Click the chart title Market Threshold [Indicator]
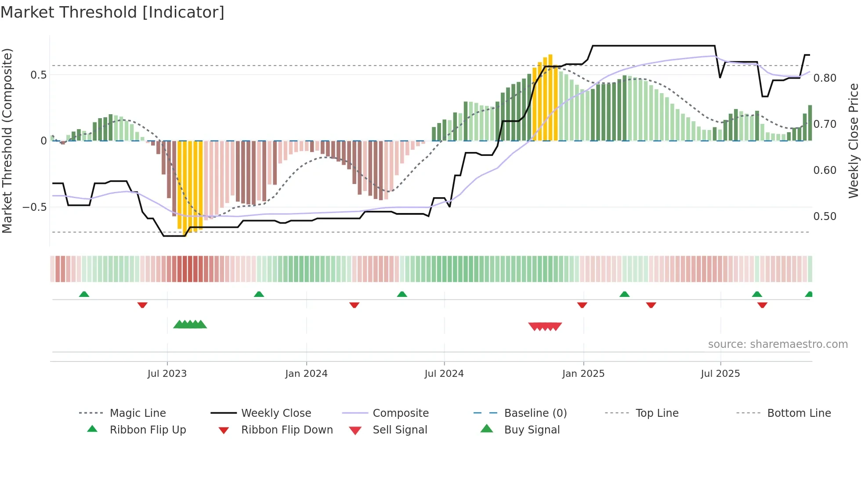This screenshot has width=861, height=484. pyautogui.click(x=112, y=12)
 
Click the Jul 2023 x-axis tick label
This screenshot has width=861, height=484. pyautogui.click(x=167, y=374)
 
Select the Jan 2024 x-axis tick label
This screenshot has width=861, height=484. pyautogui.click(x=306, y=374)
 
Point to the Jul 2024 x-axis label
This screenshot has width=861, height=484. pyautogui.click(x=444, y=374)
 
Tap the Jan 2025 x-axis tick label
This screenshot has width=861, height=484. pyautogui.click(x=583, y=374)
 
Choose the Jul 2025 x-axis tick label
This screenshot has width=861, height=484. pyautogui.click(x=720, y=374)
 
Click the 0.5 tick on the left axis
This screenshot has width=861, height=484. pyautogui.click(x=38, y=75)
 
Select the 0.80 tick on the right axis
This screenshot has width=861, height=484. pyautogui.click(x=825, y=78)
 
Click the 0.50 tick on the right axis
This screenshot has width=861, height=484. pyautogui.click(x=825, y=217)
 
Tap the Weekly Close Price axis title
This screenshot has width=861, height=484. pyautogui.click(x=853, y=141)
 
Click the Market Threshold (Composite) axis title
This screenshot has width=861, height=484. pyautogui.click(x=7, y=141)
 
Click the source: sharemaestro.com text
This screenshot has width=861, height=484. pyautogui.click(x=778, y=344)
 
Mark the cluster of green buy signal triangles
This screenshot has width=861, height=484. pyautogui.click(x=190, y=325)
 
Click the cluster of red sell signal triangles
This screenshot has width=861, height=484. pyautogui.click(x=545, y=326)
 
